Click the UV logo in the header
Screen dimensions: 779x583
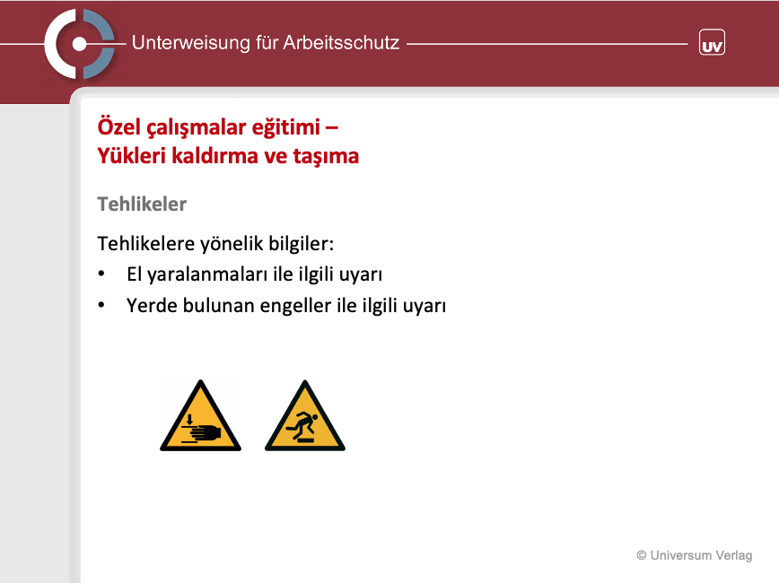click(x=712, y=42)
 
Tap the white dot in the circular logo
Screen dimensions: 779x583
click(x=79, y=44)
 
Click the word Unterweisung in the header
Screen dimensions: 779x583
click(x=191, y=43)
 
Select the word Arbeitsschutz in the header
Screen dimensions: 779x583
click(x=341, y=43)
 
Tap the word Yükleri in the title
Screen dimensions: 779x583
click(x=131, y=155)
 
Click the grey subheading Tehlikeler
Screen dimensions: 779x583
click(x=142, y=204)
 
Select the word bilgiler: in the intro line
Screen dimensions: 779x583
click(x=301, y=244)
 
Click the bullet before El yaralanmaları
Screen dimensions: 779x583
click(x=101, y=274)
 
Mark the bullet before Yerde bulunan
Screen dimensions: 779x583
click(x=101, y=305)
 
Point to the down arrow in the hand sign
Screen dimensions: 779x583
click(x=189, y=419)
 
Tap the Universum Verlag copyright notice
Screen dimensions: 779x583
click(x=694, y=555)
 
